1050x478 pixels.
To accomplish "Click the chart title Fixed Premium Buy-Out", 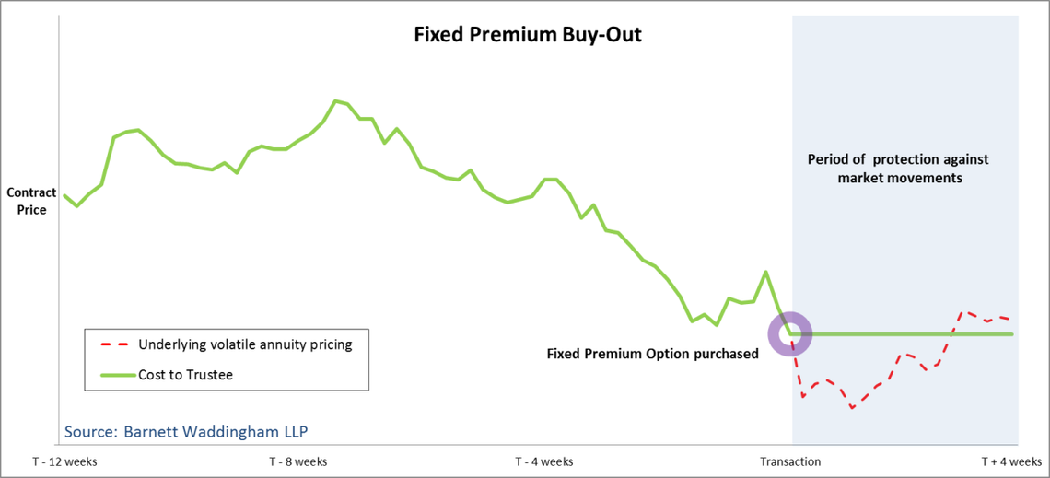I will (526, 36).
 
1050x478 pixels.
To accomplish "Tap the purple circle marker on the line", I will (789, 333).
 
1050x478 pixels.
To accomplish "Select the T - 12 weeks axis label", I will (64, 461).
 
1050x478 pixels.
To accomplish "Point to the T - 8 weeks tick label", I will (297, 461).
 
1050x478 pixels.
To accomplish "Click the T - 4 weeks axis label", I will (543, 461).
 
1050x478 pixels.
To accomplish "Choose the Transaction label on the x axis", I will (790, 461).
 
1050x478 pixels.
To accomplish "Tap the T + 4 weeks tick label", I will (1010, 461).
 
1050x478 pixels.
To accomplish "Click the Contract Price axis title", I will (31, 201).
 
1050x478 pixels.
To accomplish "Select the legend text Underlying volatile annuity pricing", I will (245, 344).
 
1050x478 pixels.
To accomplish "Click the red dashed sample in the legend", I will (113, 345).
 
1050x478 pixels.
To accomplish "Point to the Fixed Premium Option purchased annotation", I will (652, 354).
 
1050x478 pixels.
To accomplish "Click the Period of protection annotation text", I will (899, 169).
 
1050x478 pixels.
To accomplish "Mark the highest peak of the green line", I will (335, 100).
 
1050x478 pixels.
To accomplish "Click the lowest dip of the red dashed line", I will (852, 407).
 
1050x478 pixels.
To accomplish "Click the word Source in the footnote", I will (89, 431).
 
